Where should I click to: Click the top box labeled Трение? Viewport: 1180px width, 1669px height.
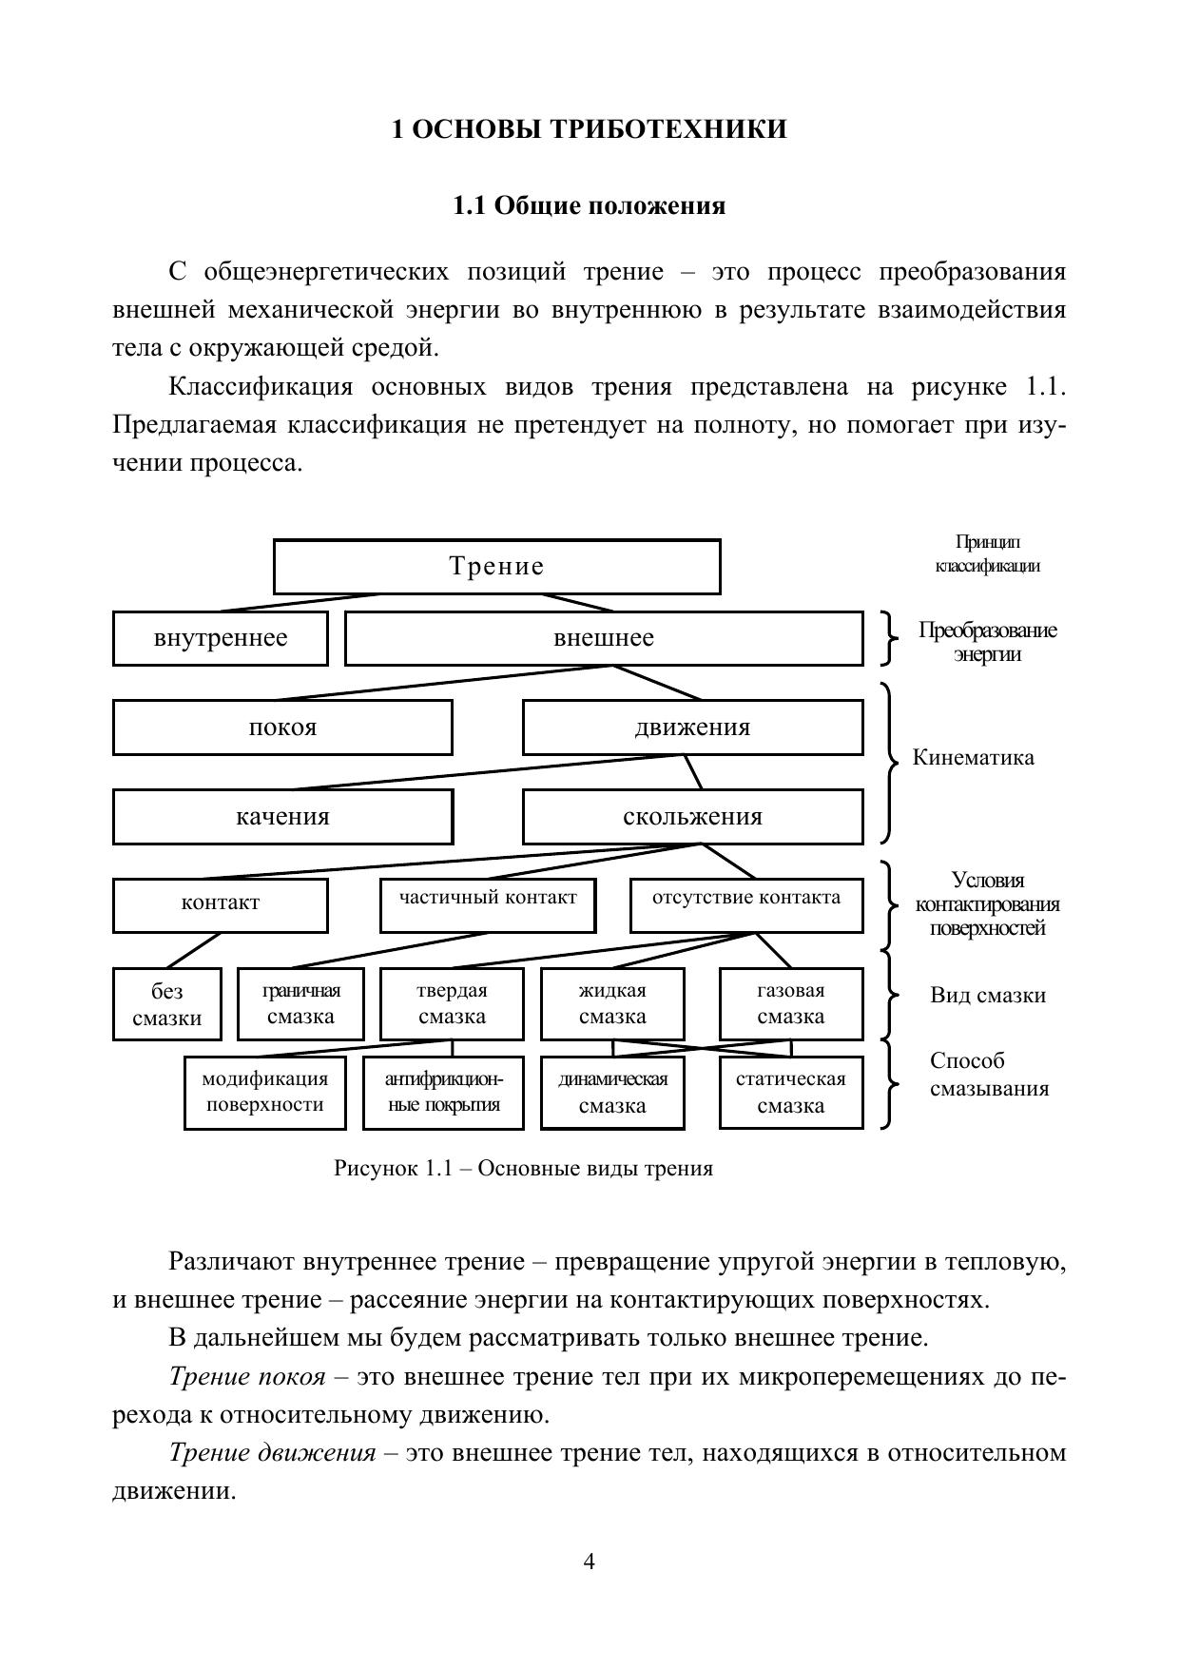point(496,567)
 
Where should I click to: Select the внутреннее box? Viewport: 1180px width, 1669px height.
point(221,638)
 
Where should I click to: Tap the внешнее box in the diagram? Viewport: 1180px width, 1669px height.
point(604,638)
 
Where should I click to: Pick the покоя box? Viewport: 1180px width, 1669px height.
point(282,728)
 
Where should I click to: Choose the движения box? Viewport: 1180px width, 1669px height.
point(692,728)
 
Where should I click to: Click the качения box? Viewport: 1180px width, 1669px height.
point(282,817)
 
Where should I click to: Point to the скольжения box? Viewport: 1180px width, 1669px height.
point(692,817)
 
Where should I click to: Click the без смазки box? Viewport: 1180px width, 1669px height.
point(167,1004)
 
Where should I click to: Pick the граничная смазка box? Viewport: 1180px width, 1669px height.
point(301,1004)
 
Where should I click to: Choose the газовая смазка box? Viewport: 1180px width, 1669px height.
point(791,1004)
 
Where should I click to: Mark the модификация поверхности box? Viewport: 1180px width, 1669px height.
point(264,1093)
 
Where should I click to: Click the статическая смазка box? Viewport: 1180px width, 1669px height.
point(791,1093)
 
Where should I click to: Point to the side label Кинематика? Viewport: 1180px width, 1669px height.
point(973,758)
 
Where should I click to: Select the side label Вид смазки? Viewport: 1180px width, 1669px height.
point(988,996)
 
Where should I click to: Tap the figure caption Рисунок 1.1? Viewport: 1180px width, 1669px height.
point(523,1168)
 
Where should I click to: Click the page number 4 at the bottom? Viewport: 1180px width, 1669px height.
point(590,1562)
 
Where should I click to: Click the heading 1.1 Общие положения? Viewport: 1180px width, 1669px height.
point(590,206)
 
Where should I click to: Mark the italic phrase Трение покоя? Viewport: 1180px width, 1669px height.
point(247,1377)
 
